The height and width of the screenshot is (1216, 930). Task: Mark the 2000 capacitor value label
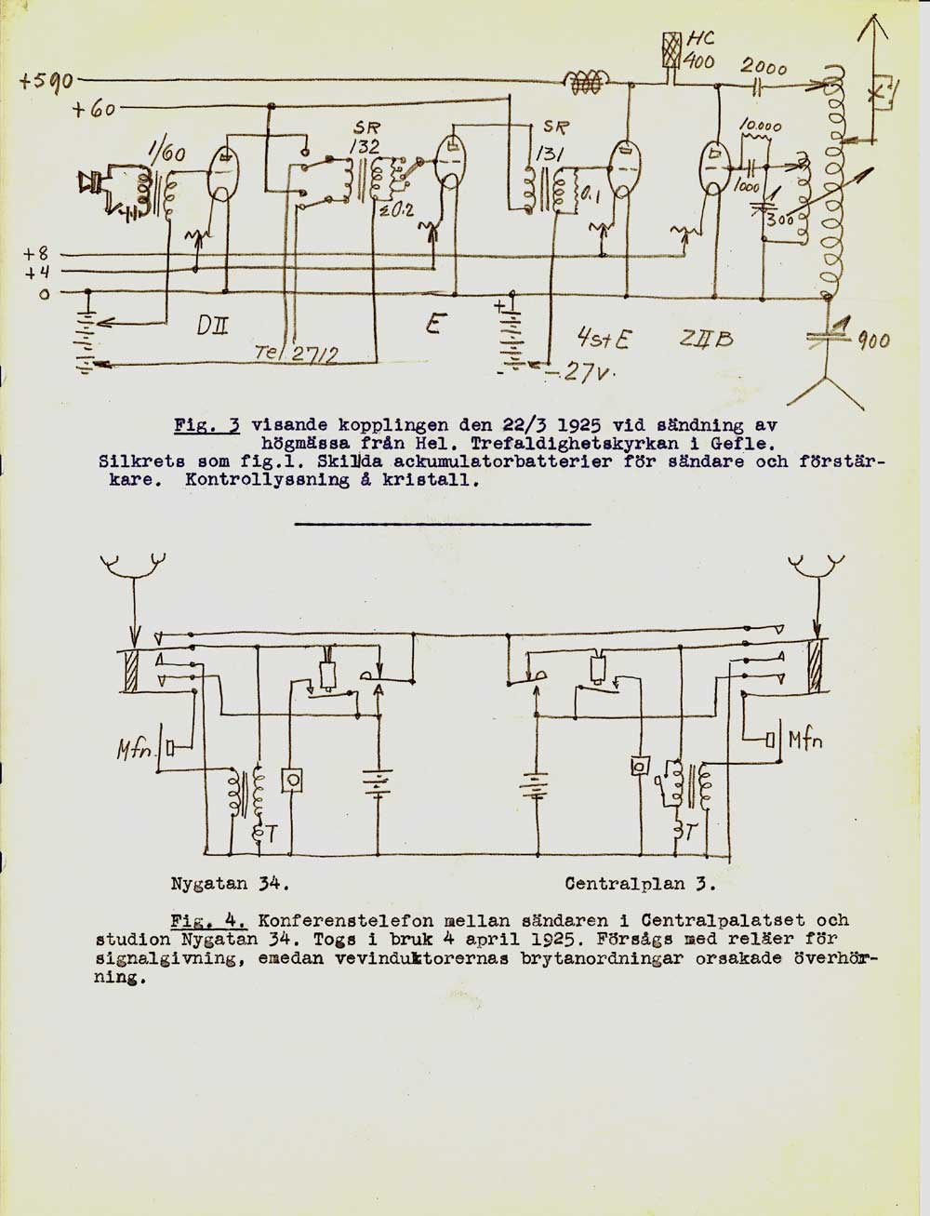764,67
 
